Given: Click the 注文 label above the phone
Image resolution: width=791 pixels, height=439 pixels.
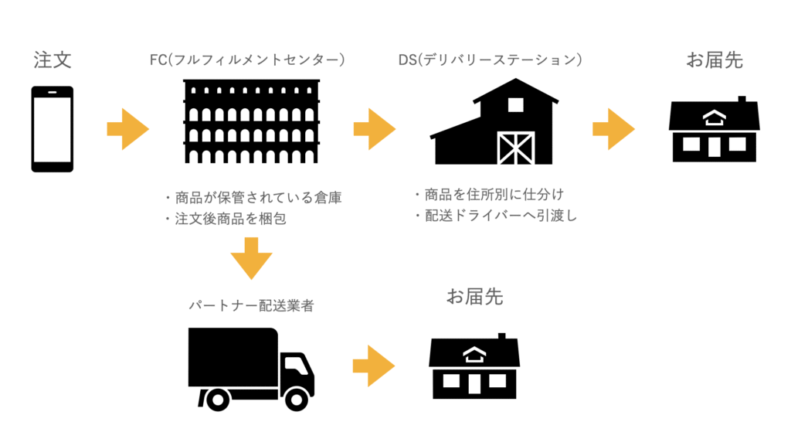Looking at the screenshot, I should [x=53, y=60].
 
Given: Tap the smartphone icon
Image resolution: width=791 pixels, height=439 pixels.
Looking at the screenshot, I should [x=53, y=129].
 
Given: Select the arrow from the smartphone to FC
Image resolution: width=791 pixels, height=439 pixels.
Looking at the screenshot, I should [x=127, y=129].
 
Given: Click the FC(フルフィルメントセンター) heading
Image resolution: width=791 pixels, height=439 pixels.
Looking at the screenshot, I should [x=248, y=60].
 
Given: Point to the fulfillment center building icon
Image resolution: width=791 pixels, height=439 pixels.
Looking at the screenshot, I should [x=251, y=121].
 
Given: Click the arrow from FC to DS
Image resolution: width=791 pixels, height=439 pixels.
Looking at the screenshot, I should [x=375, y=129].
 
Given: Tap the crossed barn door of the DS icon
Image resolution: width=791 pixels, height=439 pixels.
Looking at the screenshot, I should [x=515, y=148].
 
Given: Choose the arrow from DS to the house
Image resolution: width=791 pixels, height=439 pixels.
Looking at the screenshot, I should [x=613, y=129].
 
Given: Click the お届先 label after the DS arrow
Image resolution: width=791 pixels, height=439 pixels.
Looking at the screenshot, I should [x=715, y=60].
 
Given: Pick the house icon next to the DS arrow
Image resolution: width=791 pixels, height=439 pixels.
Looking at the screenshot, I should [x=714, y=129].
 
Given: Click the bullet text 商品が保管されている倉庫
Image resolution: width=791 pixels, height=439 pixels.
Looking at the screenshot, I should [x=253, y=198].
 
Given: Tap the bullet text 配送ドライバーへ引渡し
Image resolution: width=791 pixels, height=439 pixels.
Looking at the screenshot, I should [x=496, y=216].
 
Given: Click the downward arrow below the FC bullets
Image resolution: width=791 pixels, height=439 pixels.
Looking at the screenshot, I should [x=251, y=257].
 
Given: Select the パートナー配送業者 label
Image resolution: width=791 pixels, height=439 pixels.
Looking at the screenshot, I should [x=251, y=305].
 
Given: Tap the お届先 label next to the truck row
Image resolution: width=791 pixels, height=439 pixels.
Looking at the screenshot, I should [x=474, y=296].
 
